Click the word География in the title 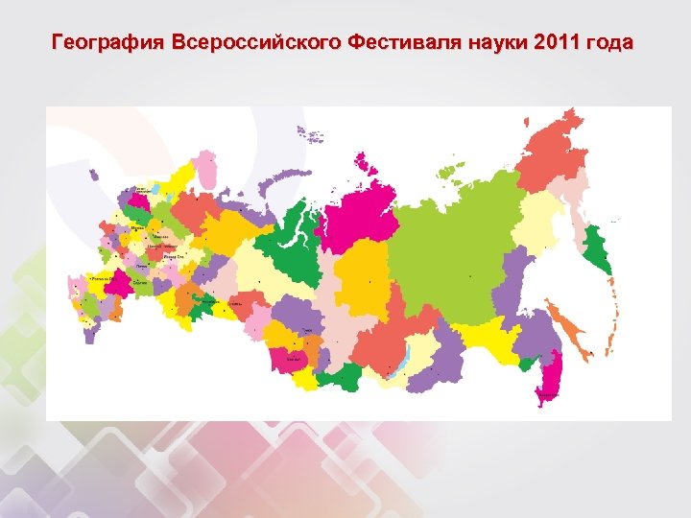point(108,43)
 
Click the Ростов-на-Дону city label point(100,278)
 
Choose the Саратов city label point(141,283)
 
